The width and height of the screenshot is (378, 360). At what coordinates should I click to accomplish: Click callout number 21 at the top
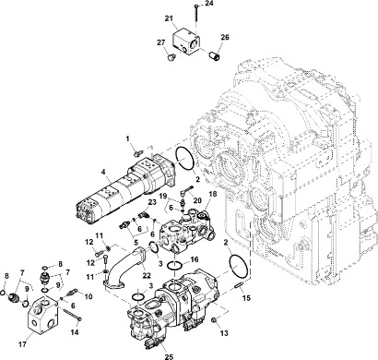pyautogui.click(x=169, y=18)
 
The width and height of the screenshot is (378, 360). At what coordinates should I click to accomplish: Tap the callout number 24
pyautogui.click(x=208, y=5)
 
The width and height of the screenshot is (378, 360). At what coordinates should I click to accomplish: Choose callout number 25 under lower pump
pyautogui.click(x=167, y=355)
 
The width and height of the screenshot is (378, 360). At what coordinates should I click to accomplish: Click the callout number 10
pyautogui.click(x=89, y=296)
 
